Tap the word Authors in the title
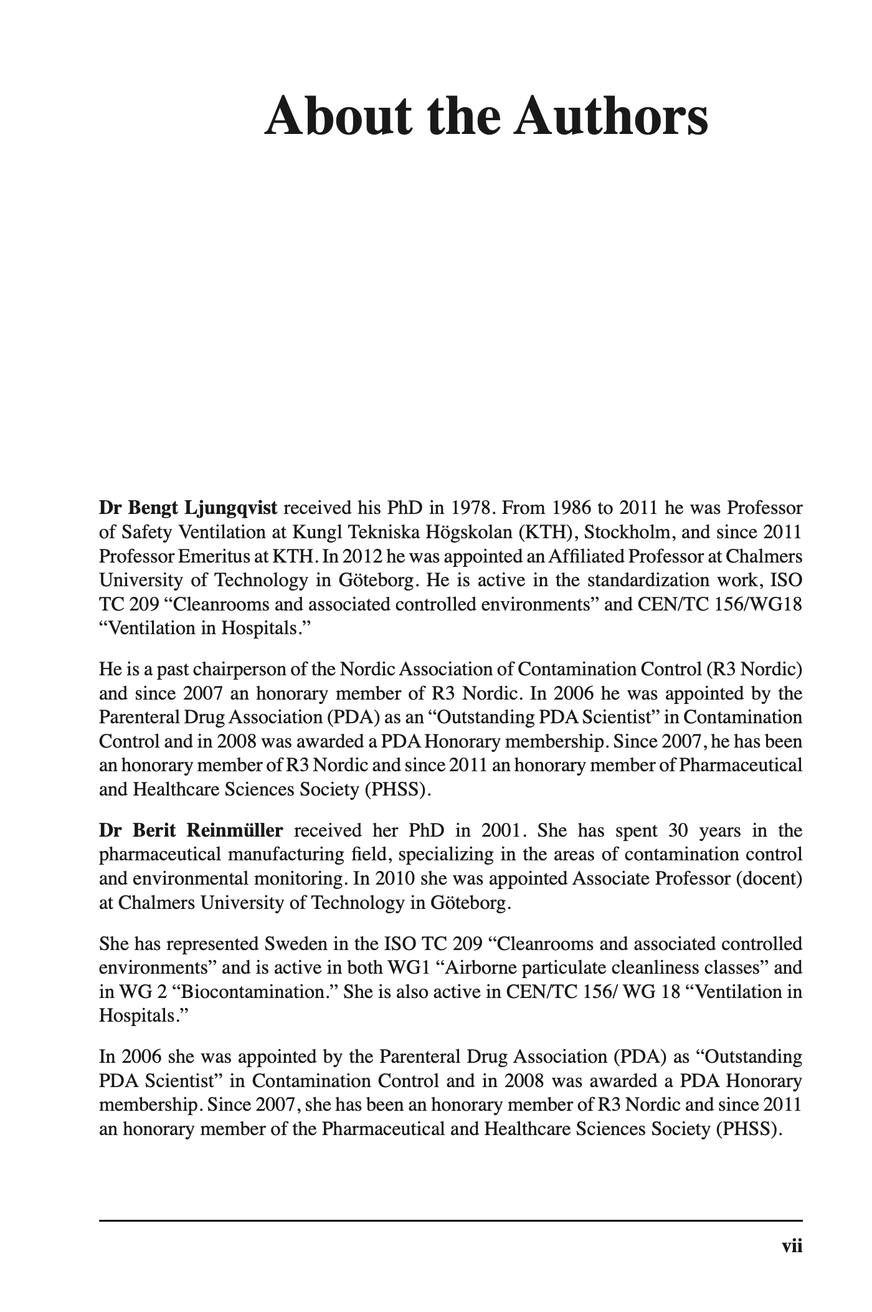click(610, 117)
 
